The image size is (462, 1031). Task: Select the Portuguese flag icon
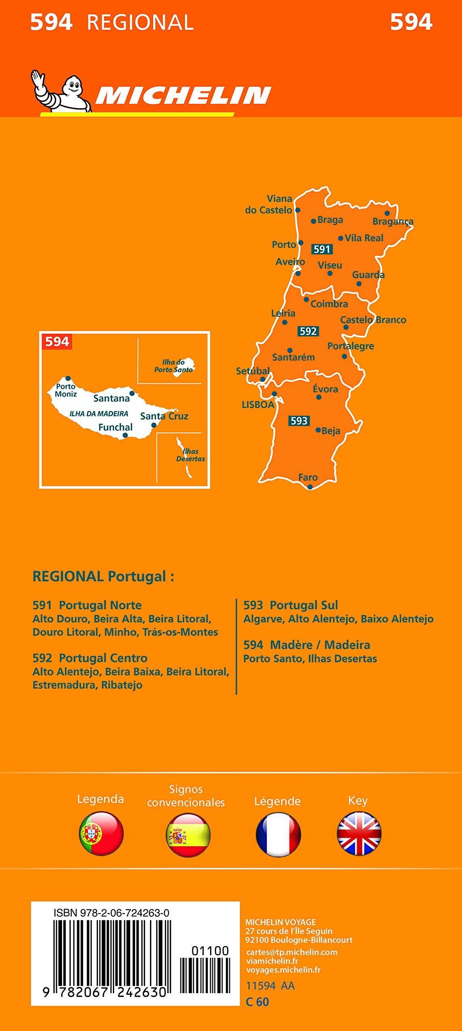101,833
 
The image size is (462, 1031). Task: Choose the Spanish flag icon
188,833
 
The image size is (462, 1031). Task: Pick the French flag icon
278,833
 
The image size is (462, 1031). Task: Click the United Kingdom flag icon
359,833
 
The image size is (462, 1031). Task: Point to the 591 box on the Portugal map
322,249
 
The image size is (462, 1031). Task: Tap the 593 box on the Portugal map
299,421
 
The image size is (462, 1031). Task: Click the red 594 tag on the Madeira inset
57,342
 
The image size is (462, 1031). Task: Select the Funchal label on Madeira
115,427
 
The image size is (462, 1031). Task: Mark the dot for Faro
310,487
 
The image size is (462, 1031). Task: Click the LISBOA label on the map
258,405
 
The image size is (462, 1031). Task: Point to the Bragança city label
393,222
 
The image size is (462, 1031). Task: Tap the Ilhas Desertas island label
190,455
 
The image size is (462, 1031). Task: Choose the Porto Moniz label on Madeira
66,390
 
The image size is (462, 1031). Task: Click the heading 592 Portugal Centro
90,658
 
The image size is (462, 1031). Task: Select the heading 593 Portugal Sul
291,605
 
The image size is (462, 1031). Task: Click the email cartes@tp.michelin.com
291,952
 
